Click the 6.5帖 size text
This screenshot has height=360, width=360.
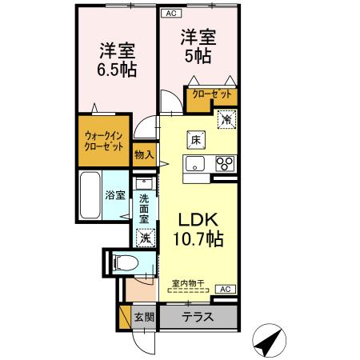pyautogui.click(x=117, y=68)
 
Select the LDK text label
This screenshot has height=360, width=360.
pyautogui.click(x=196, y=218)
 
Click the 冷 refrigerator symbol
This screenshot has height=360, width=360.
pyautogui.click(x=226, y=119)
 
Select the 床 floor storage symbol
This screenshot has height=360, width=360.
pyautogui.click(x=195, y=140)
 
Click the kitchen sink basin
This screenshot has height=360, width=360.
pyautogui.click(x=196, y=165)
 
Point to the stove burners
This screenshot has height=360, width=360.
pyautogui.click(x=224, y=165)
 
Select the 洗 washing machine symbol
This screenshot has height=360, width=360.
pyautogui.click(x=146, y=237)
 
